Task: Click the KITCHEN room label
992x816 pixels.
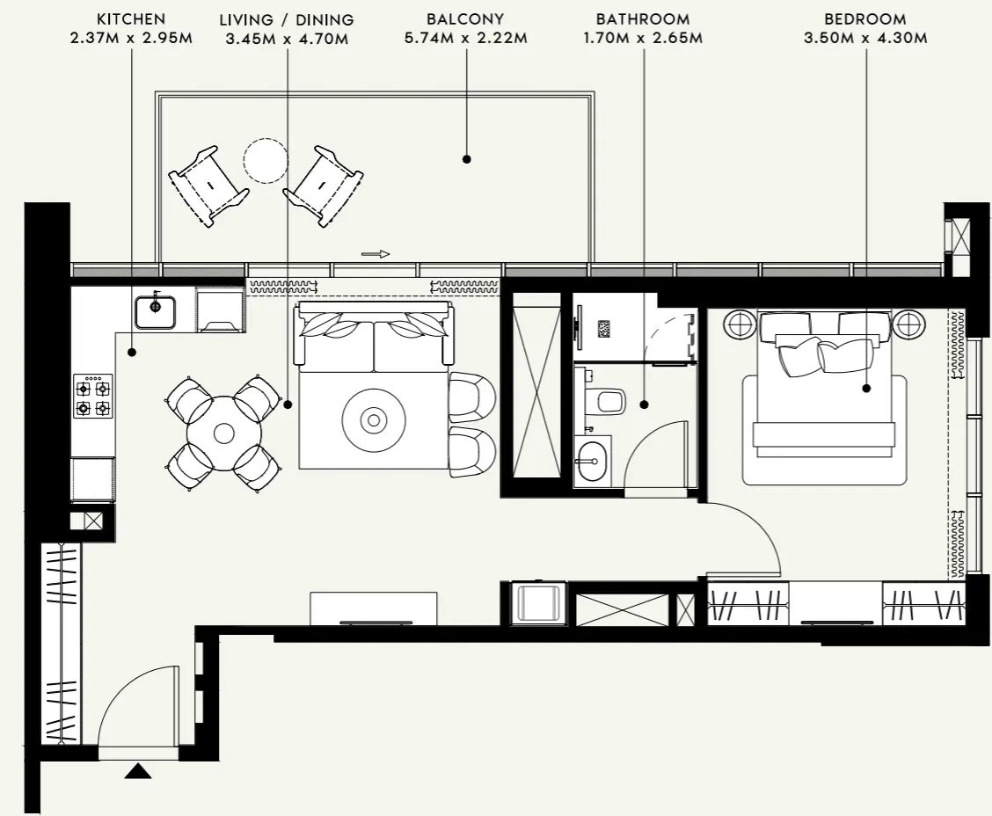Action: tap(130, 18)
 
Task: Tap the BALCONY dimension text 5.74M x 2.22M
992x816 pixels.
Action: tap(465, 38)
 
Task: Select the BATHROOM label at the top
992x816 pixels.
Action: tap(643, 18)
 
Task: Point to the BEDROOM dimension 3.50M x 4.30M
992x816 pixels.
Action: tap(865, 38)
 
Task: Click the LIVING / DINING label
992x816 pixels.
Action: tap(287, 18)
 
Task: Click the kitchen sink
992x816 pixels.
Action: tap(156, 311)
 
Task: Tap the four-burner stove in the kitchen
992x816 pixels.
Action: tap(92, 397)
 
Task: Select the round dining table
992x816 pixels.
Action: tap(223, 433)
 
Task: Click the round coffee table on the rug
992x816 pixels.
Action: tap(374, 420)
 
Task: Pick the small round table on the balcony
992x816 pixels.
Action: tap(266, 161)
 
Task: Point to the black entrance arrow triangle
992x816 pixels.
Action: tap(138, 771)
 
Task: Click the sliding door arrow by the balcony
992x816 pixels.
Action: tap(376, 254)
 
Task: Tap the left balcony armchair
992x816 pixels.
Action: tap(208, 186)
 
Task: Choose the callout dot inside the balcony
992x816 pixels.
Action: tap(467, 159)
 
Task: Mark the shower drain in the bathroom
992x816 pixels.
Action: tap(604, 329)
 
